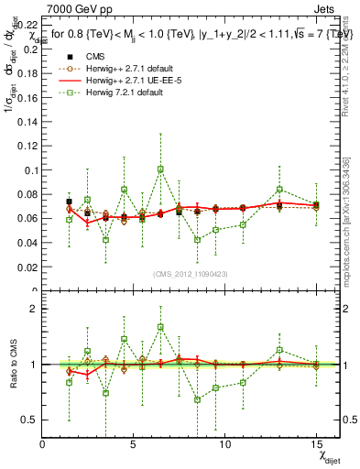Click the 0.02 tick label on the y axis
pos(27,267)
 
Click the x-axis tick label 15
pos(316,443)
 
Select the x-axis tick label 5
pos(134,443)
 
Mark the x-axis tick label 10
pos(224,443)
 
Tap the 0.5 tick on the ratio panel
pos(29,420)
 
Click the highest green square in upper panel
pos(160,169)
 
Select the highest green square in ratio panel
pos(160,326)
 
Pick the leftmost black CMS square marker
pos(69,202)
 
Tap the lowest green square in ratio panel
pos(197,399)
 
